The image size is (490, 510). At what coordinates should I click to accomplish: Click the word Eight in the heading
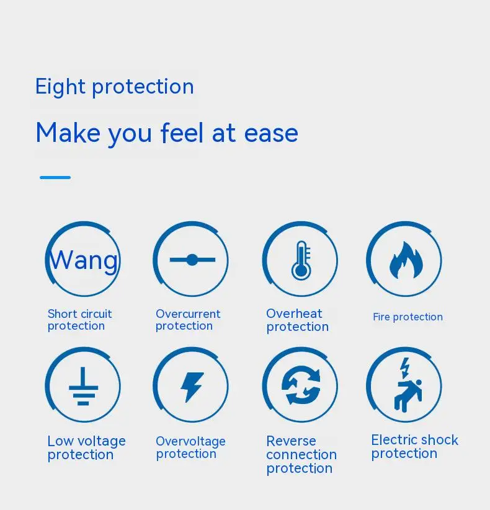(60, 87)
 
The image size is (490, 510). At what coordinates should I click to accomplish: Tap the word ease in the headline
(271, 133)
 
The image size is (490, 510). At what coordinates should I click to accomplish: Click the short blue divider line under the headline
(55, 177)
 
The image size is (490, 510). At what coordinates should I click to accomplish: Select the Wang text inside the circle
(84, 260)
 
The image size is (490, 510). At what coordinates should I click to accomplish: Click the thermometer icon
(301, 260)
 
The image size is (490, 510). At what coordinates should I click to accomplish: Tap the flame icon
(406, 260)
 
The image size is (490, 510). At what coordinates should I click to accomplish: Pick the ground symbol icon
(83, 386)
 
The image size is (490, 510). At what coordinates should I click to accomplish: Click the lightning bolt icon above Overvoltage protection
(192, 387)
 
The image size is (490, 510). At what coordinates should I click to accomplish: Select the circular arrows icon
(301, 385)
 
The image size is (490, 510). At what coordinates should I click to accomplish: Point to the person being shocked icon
(408, 385)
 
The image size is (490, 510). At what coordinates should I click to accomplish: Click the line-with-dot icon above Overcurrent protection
(192, 260)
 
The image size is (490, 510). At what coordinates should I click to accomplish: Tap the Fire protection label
(408, 317)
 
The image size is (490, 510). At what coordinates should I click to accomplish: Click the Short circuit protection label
(80, 320)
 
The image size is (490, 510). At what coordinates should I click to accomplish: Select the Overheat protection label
(298, 320)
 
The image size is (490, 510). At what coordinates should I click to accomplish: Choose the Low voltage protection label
(87, 448)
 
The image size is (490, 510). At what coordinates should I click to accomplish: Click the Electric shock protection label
(415, 447)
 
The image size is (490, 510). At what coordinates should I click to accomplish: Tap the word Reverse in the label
(291, 441)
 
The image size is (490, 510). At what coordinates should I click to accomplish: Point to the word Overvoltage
(190, 441)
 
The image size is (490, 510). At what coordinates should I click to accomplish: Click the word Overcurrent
(188, 314)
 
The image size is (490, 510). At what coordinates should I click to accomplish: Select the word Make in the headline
(68, 133)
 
